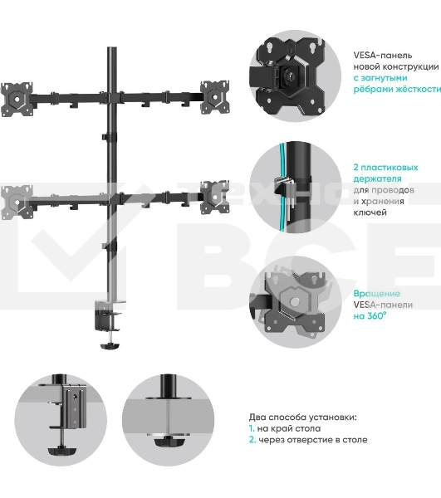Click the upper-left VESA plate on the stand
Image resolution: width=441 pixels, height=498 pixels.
click(17, 99)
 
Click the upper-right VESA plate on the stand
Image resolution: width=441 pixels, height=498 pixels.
click(214, 97)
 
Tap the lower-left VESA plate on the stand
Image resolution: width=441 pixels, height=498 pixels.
click(17, 202)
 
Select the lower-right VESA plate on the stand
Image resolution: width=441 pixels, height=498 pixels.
click(214, 198)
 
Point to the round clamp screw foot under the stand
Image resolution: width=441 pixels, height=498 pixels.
click(110, 345)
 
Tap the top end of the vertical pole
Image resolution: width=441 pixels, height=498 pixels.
click(112, 48)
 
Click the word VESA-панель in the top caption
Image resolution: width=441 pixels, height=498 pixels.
click(383, 56)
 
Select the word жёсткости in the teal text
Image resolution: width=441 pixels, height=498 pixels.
click(419, 90)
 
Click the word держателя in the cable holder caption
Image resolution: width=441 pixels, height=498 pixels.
click(377, 178)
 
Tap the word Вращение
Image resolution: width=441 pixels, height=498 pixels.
click(377, 294)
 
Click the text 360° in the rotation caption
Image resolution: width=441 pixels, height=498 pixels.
click(377, 316)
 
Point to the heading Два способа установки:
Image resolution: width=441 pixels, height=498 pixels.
click(303, 417)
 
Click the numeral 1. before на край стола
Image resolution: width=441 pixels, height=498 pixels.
click(252, 428)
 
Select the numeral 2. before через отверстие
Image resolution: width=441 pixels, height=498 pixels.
click(252, 440)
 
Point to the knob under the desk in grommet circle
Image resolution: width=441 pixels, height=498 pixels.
click(168, 442)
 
